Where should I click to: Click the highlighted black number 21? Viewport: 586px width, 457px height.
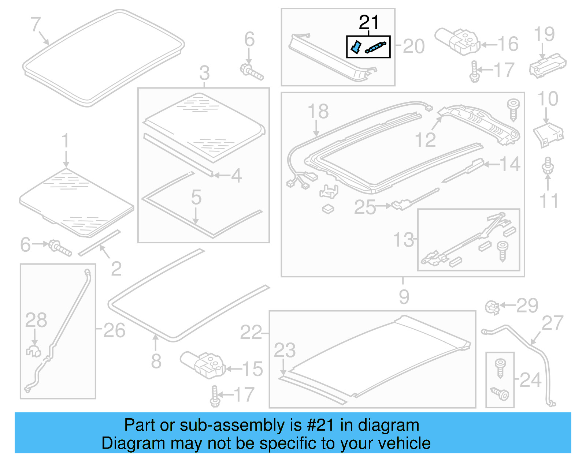tap(369, 23)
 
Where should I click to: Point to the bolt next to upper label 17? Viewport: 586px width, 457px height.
tap(474, 72)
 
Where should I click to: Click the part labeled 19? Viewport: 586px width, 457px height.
tap(547, 65)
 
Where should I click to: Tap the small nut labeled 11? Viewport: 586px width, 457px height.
tap(548, 166)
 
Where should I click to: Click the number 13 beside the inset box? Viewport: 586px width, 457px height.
tap(403, 240)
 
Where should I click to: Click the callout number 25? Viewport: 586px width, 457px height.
tap(364, 207)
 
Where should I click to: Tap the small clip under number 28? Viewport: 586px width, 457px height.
tap(33, 351)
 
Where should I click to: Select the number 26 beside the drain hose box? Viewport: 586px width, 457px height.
tap(114, 330)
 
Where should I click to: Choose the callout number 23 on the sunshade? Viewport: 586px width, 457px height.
tap(285, 350)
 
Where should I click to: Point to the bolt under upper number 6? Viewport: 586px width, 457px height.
tap(252, 72)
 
